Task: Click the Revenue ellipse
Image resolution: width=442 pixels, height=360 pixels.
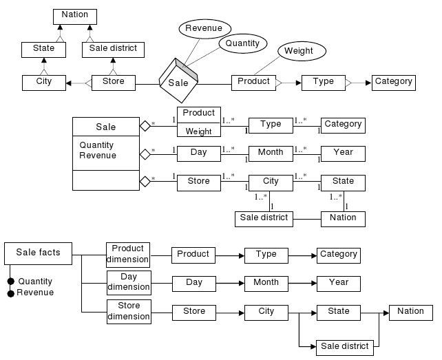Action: [x=204, y=28]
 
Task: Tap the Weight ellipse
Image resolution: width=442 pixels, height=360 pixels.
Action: [x=299, y=51]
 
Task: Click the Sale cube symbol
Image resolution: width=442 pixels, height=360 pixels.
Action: [x=178, y=82]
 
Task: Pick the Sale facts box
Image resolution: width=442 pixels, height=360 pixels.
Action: [x=38, y=253]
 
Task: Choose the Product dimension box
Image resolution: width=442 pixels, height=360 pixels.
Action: [x=128, y=254]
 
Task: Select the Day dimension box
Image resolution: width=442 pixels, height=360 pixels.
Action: [x=128, y=282]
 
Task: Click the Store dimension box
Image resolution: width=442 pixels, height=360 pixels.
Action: [x=128, y=311]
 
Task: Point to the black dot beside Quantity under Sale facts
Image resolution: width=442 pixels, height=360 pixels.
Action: [x=10, y=282]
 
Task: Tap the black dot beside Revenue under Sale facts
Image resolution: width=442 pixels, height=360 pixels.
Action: [x=10, y=293]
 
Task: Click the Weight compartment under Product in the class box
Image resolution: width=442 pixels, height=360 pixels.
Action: [x=198, y=131]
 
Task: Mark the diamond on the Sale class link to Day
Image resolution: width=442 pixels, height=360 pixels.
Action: [x=145, y=153]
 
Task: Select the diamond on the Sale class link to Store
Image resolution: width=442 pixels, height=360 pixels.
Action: [x=145, y=182]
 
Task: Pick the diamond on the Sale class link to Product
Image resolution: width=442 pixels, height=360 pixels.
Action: [x=145, y=126]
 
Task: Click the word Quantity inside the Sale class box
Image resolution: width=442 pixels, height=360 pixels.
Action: [x=96, y=146]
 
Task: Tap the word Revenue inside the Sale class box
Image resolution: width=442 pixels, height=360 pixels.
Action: [x=98, y=156]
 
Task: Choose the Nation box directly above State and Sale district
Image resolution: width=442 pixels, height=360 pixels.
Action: [x=74, y=15]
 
